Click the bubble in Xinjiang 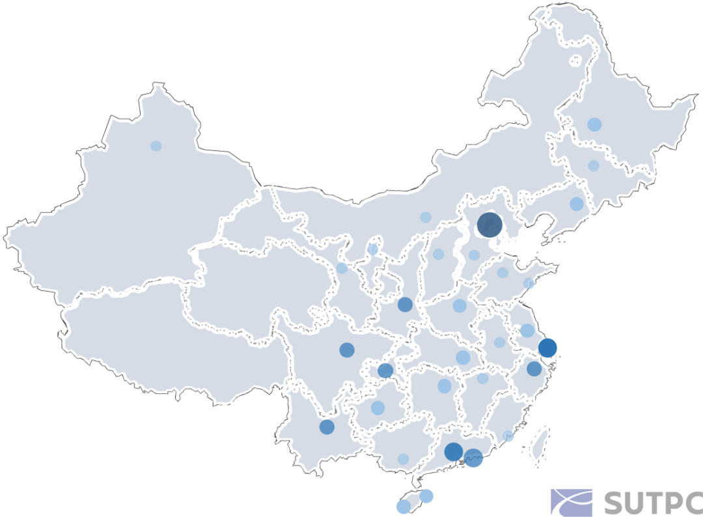pyautogui.click(x=156, y=146)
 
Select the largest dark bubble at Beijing pyautogui.click(x=489, y=225)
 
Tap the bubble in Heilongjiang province pyautogui.click(x=594, y=124)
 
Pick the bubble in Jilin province pyautogui.click(x=594, y=165)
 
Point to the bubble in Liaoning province pyautogui.click(x=577, y=204)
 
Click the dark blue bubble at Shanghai pyautogui.click(x=547, y=348)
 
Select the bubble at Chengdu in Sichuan pyautogui.click(x=346, y=350)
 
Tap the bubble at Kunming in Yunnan pyautogui.click(x=327, y=427)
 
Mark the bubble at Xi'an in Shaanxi pyautogui.click(x=405, y=304)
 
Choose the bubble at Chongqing pyautogui.click(x=385, y=370)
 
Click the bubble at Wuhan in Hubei pyautogui.click(x=463, y=357)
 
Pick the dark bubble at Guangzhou pyautogui.click(x=453, y=451)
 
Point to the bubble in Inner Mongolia pyautogui.click(x=426, y=217)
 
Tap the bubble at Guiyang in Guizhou pyautogui.click(x=378, y=408)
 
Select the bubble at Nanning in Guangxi pyautogui.click(x=403, y=459)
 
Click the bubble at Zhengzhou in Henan pyautogui.click(x=460, y=305)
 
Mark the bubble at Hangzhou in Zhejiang pyautogui.click(x=534, y=369)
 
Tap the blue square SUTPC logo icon pyautogui.click(x=571, y=503)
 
